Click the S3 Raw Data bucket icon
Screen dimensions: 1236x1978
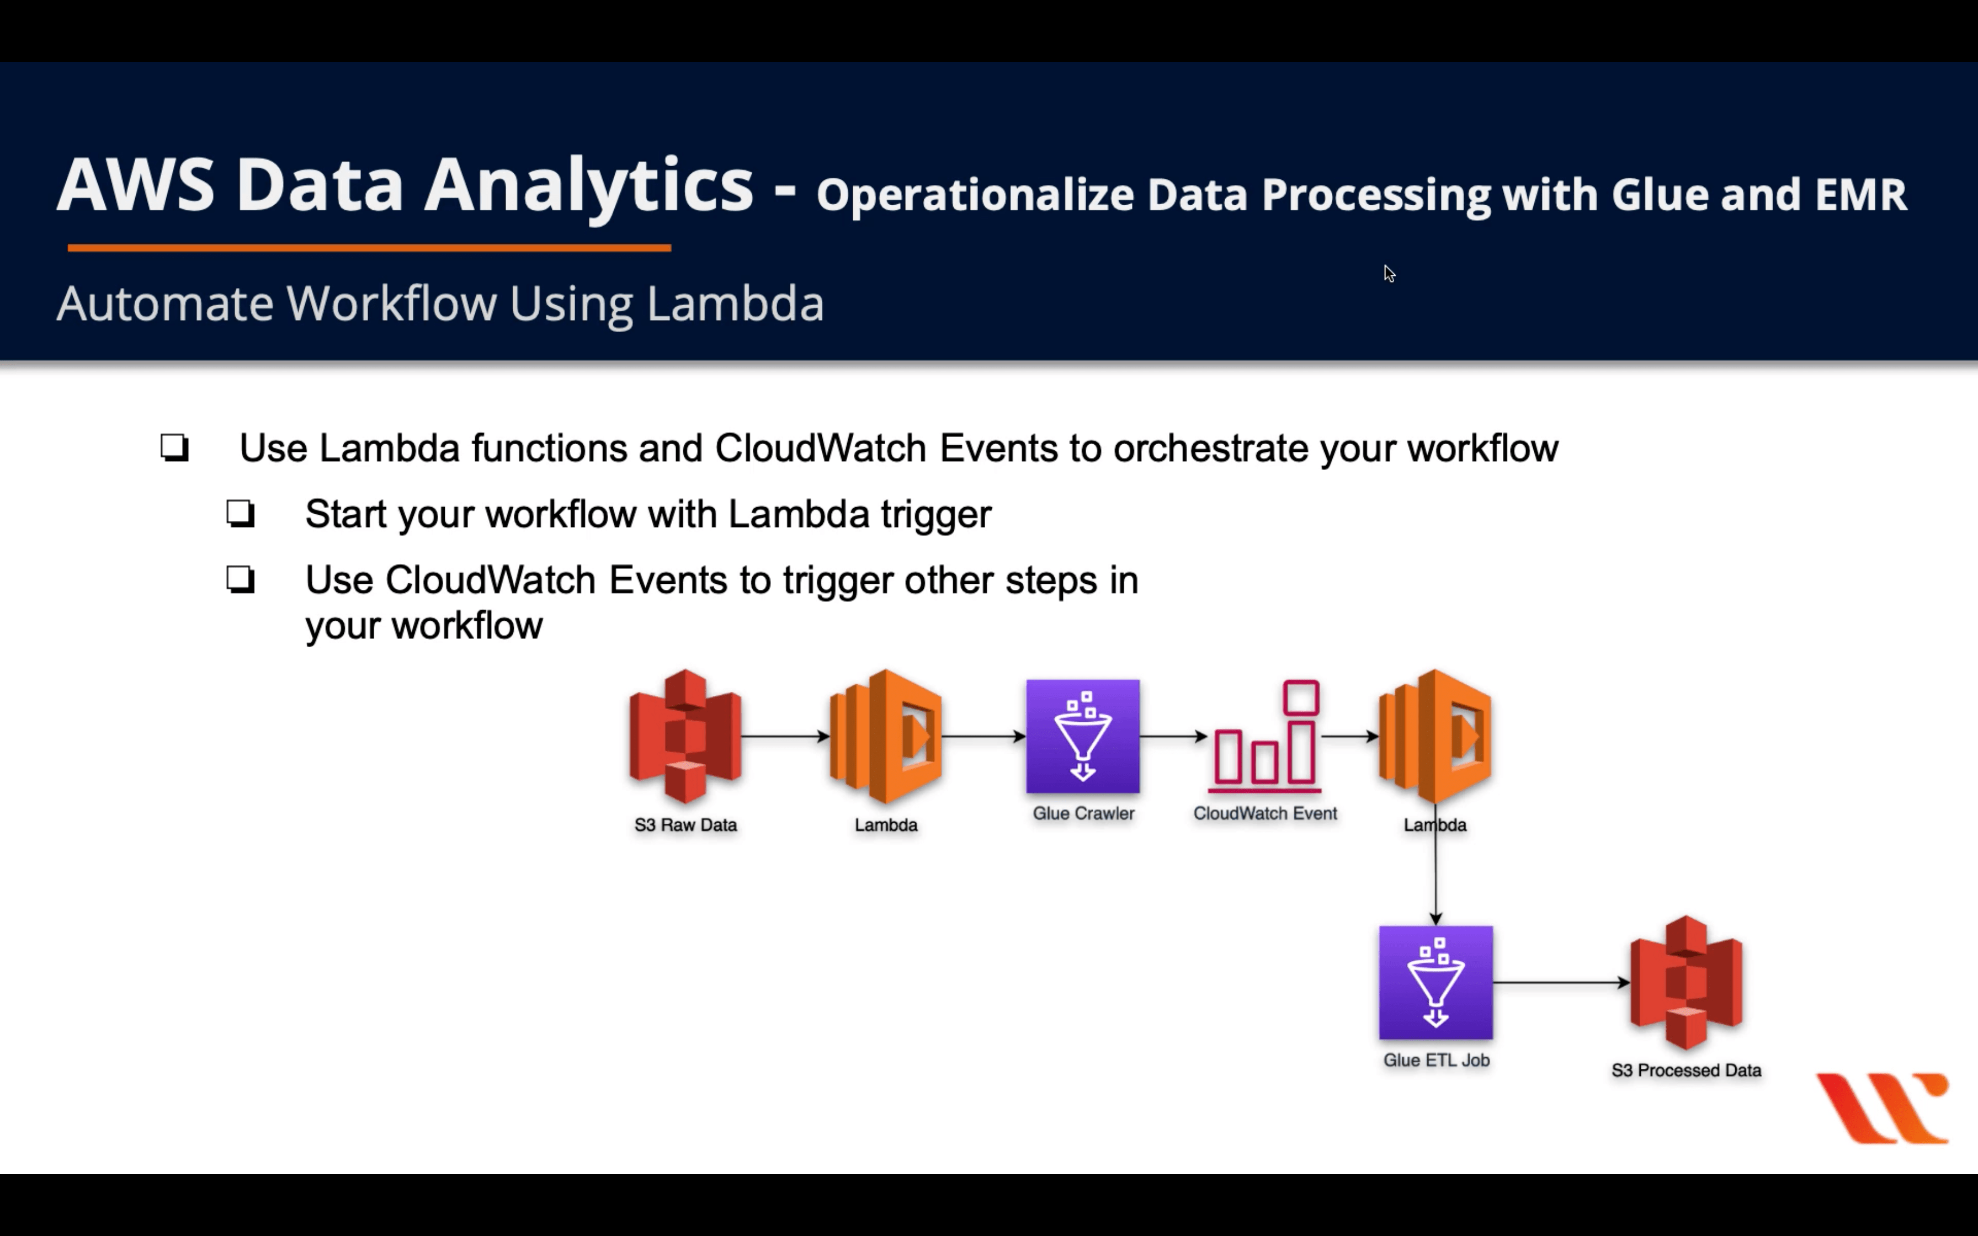point(685,736)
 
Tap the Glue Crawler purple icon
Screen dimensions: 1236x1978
point(1083,736)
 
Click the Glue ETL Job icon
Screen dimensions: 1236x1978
point(1435,983)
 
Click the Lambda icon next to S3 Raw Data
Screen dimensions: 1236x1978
point(886,736)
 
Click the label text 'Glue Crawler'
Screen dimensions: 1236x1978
point(1083,813)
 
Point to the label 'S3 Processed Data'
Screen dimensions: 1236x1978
point(1685,1070)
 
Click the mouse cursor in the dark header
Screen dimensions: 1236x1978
point(1389,274)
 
